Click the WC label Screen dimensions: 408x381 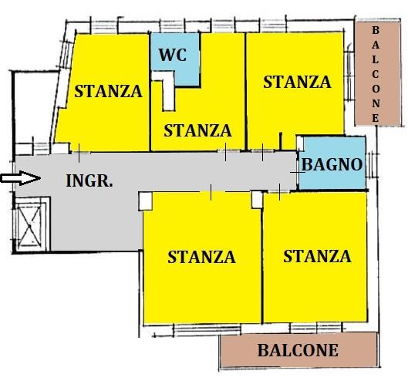(x=173, y=55)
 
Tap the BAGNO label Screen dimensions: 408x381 (x=332, y=164)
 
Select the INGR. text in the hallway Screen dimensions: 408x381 (x=89, y=180)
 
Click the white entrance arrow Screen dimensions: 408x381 (x=21, y=178)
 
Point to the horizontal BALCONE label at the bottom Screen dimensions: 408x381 (x=298, y=350)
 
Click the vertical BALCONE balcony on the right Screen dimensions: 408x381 (x=378, y=73)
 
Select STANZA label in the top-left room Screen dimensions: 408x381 (x=108, y=91)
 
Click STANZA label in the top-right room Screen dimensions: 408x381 (x=297, y=82)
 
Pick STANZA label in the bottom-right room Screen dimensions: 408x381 (x=317, y=256)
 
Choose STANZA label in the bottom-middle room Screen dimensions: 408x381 (x=201, y=257)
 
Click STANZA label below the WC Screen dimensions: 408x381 (x=197, y=130)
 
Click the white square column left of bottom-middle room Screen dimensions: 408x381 (x=145, y=201)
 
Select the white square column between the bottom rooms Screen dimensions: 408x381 (x=257, y=200)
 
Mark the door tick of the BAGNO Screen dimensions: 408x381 (x=298, y=172)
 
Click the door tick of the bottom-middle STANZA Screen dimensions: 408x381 (x=211, y=192)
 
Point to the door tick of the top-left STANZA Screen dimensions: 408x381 (x=79, y=153)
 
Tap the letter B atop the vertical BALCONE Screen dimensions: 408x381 (x=375, y=30)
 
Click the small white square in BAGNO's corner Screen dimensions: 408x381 (x=300, y=143)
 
